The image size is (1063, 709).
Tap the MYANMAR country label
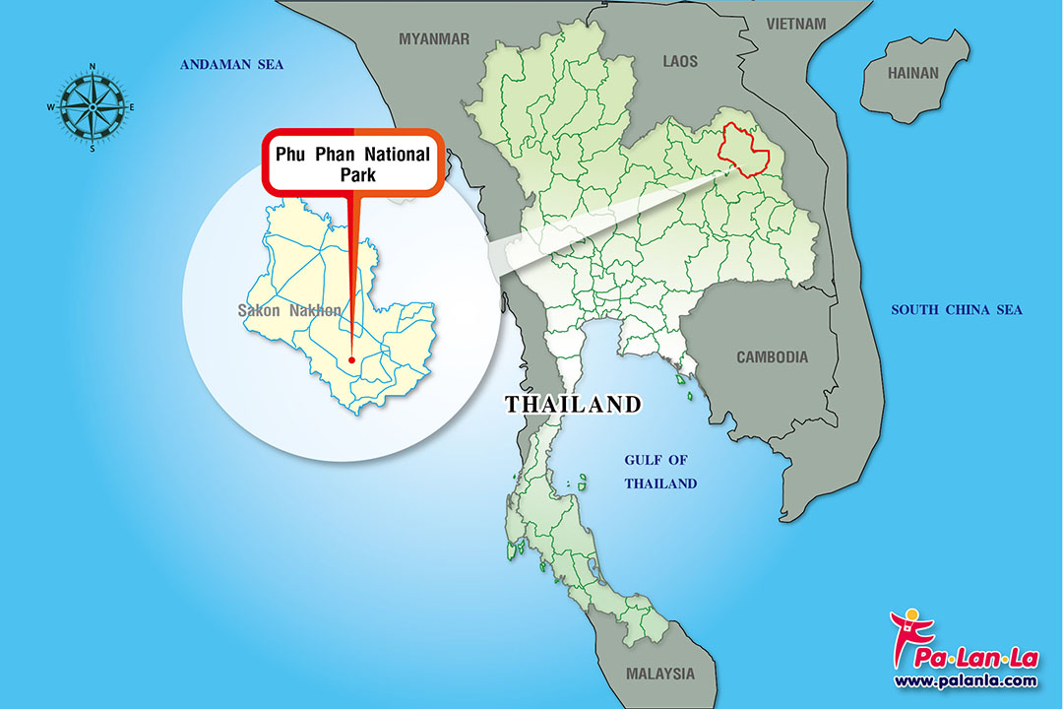[x=434, y=39]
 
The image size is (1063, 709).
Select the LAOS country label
[x=679, y=62]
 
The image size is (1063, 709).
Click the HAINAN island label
[x=913, y=73]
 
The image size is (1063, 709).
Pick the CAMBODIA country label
[x=772, y=357]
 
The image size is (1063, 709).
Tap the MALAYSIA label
[x=659, y=675]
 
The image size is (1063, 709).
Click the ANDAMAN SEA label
[x=230, y=65]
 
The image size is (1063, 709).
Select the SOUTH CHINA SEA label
[x=957, y=310]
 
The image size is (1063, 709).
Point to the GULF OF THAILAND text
[x=660, y=472]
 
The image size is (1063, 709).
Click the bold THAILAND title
[x=573, y=405]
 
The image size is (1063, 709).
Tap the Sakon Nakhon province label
[x=288, y=311]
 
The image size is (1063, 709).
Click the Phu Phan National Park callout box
[x=352, y=161]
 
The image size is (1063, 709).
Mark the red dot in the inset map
[x=351, y=359]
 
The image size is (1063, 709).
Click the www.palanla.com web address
[x=965, y=680]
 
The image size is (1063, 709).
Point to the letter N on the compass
[x=93, y=67]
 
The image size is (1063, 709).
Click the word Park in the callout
[x=352, y=175]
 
